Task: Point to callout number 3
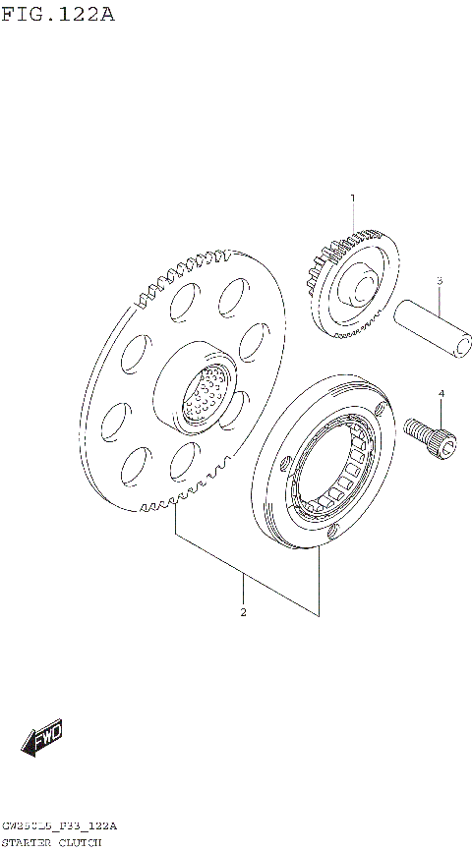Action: click(x=440, y=281)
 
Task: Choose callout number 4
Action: click(x=442, y=394)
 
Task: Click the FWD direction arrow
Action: click(x=44, y=739)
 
